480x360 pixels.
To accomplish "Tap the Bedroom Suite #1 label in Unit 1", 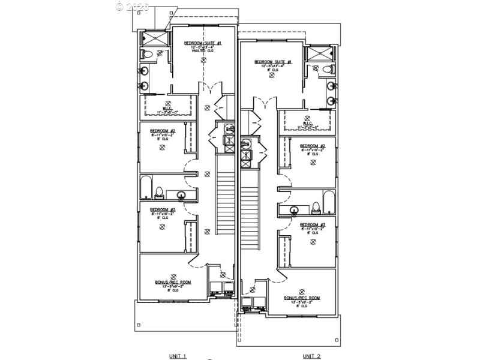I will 203,43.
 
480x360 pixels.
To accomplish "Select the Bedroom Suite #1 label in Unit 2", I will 273,62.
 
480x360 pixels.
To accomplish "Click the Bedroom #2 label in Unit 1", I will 162,131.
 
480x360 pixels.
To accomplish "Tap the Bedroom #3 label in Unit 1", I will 162,209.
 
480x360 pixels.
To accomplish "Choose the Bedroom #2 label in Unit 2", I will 313,146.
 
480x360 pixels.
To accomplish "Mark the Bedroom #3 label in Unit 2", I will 313,224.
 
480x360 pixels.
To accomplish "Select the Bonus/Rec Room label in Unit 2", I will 302,298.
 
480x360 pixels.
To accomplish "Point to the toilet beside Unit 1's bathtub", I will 159,193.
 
